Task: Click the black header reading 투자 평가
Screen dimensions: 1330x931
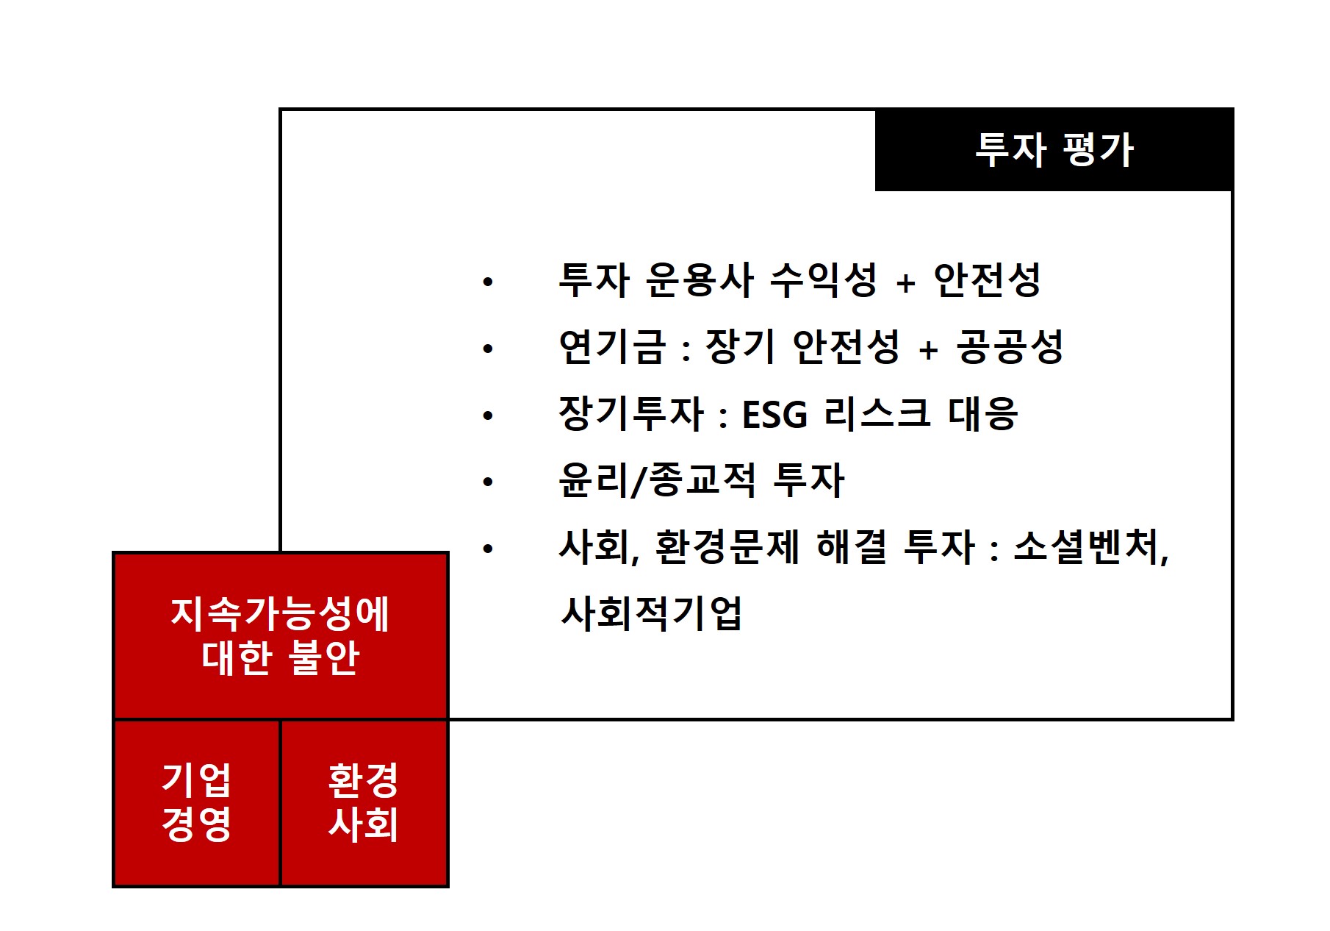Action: (1054, 150)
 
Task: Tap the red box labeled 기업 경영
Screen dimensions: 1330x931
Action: (197, 802)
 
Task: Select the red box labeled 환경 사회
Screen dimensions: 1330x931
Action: (364, 802)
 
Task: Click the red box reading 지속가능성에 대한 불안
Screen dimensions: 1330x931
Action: (280, 635)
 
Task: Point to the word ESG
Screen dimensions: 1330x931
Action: (774, 415)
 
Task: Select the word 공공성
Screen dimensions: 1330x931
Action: (1010, 347)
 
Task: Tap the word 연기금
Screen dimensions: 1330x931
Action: (611, 347)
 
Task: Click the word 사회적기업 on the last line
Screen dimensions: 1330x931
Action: (651, 614)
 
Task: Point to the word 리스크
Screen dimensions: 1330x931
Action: (877, 414)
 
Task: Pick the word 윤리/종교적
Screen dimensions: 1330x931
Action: (657, 481)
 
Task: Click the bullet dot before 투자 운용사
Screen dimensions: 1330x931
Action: (488, 282)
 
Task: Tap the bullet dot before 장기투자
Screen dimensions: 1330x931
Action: (488, 415)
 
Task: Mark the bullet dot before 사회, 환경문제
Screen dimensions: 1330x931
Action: (488, 549)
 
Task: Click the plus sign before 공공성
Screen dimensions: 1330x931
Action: (928, 350)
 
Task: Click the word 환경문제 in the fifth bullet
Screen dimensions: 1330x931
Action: (726, 548)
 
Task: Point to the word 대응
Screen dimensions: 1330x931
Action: (982, 414)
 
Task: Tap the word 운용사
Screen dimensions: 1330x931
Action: (700, 280)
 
